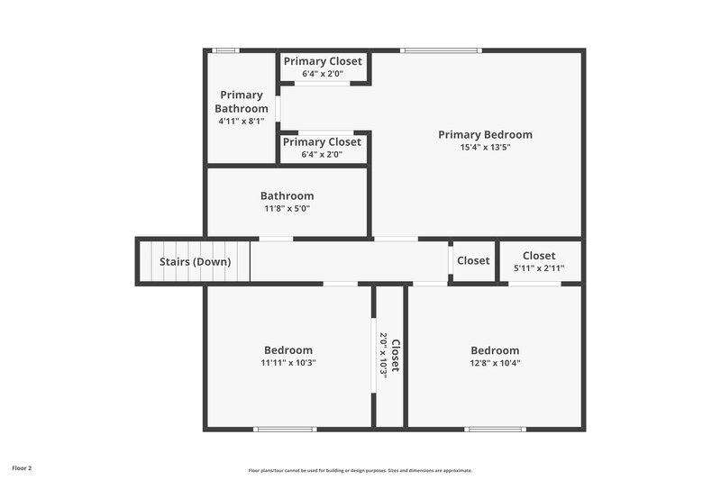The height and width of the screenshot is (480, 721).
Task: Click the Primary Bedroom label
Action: [485, 135]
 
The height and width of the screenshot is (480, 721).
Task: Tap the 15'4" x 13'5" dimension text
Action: [485, 148]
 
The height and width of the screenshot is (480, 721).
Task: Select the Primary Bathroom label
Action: [242, 102]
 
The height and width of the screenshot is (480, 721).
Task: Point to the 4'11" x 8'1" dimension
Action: [242, 121]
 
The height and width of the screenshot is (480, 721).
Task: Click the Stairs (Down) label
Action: [195, 262]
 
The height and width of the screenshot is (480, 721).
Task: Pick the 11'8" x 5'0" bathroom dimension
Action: [287, 209]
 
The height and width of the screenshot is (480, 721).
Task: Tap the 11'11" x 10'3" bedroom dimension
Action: [288, 364]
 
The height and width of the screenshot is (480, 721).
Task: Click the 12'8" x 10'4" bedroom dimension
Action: [495, 364]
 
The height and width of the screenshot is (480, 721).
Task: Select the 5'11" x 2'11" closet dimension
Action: [539, 268]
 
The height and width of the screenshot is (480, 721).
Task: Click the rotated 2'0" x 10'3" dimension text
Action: [384, 356]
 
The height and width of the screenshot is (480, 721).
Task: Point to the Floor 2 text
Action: [21, 468]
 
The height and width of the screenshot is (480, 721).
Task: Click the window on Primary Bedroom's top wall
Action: [442, 50]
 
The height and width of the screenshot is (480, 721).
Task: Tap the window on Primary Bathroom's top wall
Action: [225, 50]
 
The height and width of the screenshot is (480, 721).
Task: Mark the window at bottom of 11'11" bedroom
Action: [286, 429]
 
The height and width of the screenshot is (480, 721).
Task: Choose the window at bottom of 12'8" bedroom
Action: [495, 429]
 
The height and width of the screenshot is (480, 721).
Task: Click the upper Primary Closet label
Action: [323, 61]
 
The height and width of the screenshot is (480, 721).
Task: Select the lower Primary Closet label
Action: [322, 142]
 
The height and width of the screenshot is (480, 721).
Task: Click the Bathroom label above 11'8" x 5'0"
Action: [287, 196]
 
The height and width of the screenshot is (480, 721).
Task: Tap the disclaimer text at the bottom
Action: [360, 470]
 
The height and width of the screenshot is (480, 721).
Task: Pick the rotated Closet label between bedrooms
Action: [395, 356]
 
